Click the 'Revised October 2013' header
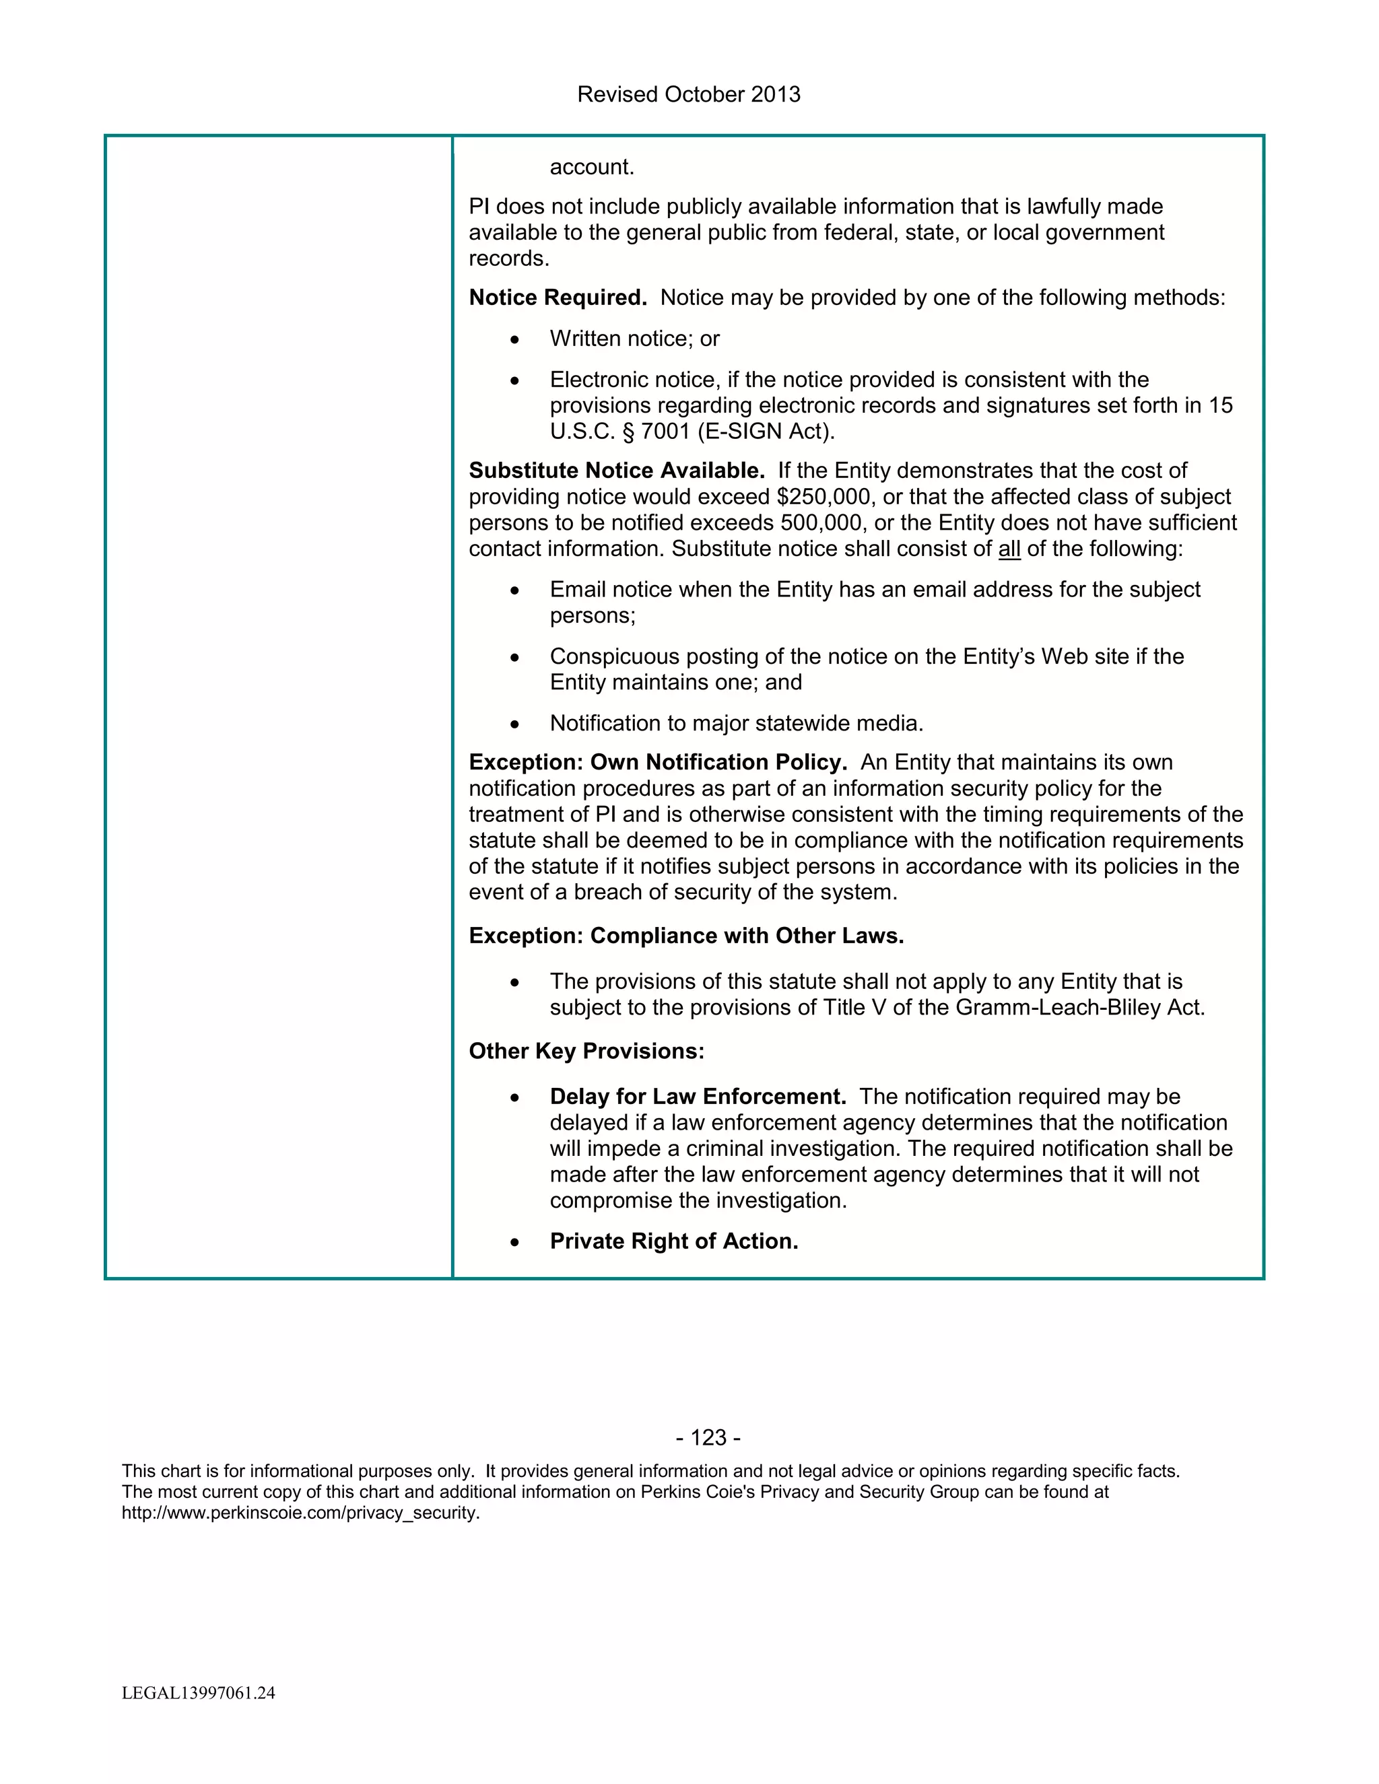pos(689,95)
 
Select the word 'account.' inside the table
pos(591,168)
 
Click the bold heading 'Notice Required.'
pos(557,298)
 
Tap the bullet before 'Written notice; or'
pos(514,340)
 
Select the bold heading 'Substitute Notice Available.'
pos(616,471)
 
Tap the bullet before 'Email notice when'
pos(514,590)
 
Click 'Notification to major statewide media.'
pos(736,724)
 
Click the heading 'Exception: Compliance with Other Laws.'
pos(686,936)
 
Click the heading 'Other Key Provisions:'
pos(586,1052)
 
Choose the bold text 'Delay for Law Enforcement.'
pos(698,1097)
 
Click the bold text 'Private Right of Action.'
pos(673,1241)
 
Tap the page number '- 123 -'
pos(708,1438)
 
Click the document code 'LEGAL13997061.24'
pos(199,1692)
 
